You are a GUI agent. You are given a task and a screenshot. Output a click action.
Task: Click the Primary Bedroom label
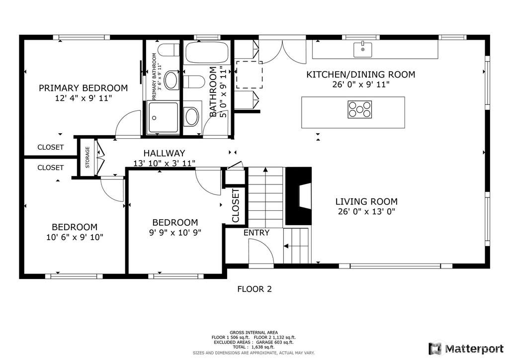[x=83, y=88]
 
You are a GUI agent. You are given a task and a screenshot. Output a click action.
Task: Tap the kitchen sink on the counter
[x=362, y=49]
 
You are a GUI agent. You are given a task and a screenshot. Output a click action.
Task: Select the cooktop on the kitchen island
[x=360, y=109]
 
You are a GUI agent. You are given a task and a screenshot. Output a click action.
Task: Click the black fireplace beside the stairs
[x=298, y=196]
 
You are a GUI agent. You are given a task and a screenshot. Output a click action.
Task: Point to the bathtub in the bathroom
[x=207, y=52]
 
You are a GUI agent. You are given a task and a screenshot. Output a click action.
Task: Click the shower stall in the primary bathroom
[x=163, y=117]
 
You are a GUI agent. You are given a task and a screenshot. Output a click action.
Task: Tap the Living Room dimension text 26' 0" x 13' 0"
[x=366, y=212]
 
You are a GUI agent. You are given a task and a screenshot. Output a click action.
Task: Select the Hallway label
[x=164, y=153]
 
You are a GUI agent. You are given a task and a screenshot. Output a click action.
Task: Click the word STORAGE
[x=87, y=157]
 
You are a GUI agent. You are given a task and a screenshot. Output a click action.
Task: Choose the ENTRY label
[x=256, y=233]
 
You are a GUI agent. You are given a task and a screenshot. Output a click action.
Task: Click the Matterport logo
[x=466, y=349]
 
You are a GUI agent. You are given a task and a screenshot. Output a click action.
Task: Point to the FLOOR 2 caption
[x=254, y=289]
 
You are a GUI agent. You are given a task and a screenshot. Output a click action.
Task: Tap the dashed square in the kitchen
[x=249, y=75]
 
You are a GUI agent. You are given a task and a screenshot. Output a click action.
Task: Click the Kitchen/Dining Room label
[x=361, y=75]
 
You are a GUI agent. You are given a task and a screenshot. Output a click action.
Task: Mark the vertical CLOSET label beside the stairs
[x=235, y=205]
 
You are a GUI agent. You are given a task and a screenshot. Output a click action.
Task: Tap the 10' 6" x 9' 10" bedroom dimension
[x=75, y=237]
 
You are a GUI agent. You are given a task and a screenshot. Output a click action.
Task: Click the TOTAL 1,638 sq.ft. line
[x=254, y=347]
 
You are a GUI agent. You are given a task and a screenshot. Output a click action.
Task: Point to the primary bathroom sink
[x=171, y=80]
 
